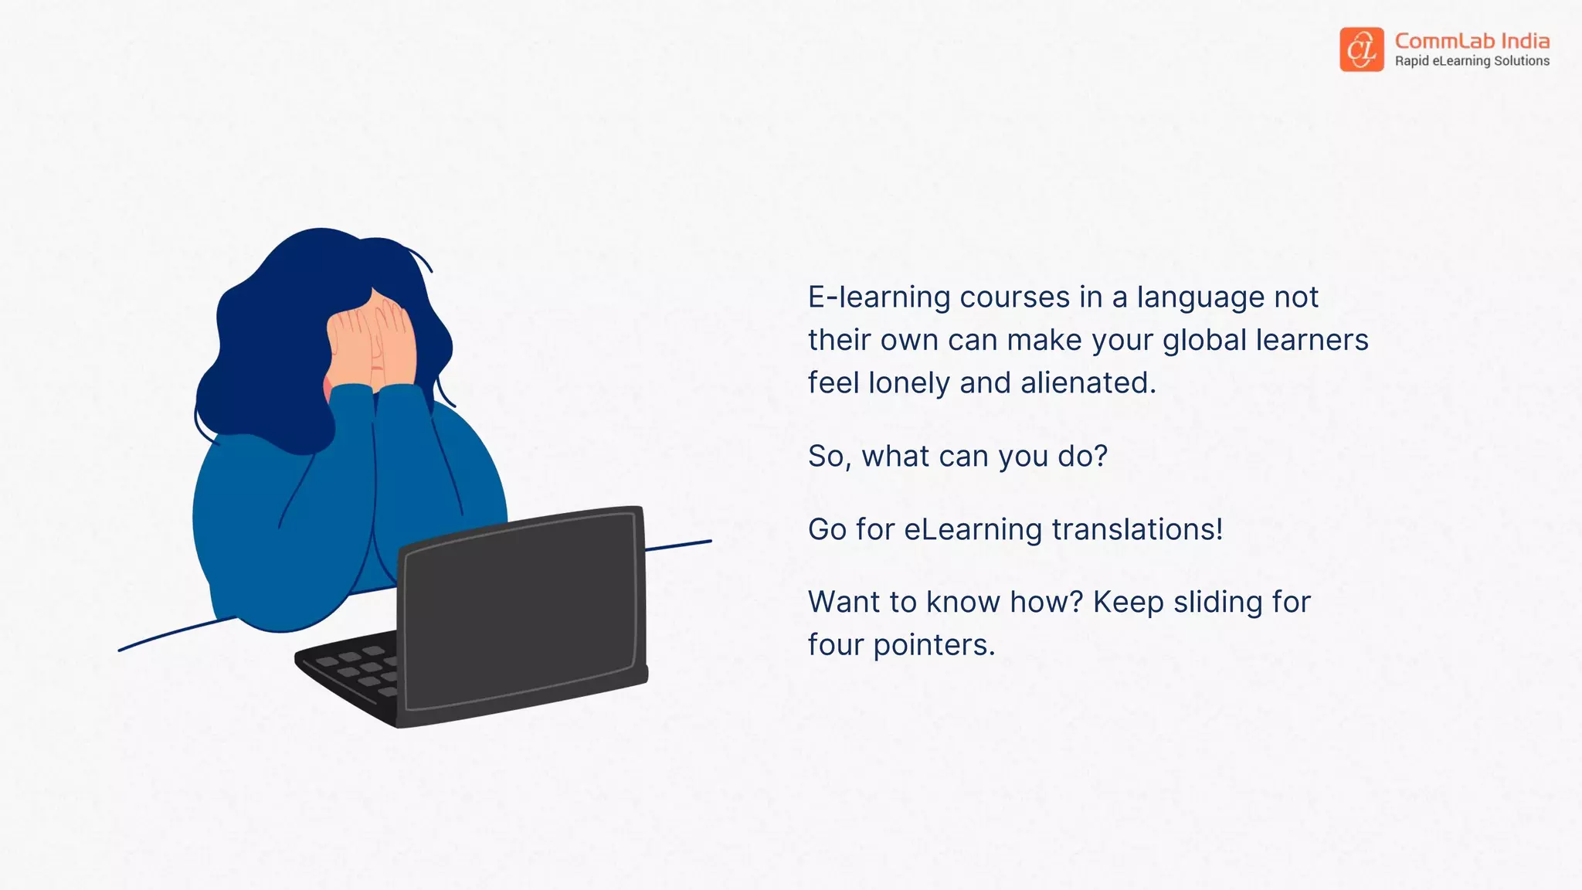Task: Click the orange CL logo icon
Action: click(x=1361, y=49)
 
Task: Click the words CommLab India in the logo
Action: click(x=1472, y=40)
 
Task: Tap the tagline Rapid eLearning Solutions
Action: click(x=1472, y=61)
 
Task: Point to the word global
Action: click(x=1204, y=341)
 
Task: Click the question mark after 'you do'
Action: click(x=1101, y=456)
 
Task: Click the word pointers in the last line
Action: click(x=934, y=646)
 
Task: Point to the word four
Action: click(x=836, y=646)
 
